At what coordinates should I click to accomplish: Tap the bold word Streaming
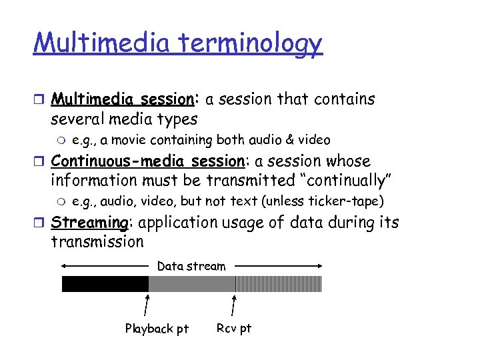tap(89, 222)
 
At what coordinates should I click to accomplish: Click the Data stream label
tap(191, 266)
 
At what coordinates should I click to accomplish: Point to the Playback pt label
tap(157, 329)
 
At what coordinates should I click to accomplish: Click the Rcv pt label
tap(234, 328)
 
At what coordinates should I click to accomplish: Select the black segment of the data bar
tap(105, 284)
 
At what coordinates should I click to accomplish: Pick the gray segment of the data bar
tap(191, 284)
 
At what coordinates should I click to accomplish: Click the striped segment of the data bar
tap(278, 284)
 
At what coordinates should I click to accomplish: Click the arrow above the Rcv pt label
tap(233, 305)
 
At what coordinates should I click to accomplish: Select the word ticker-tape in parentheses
tap(347, 201)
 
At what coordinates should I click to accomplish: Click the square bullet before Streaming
tap(39, 223)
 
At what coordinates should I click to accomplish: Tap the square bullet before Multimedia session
tap(39, 100)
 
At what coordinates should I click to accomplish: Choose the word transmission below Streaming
tap(97, 241)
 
